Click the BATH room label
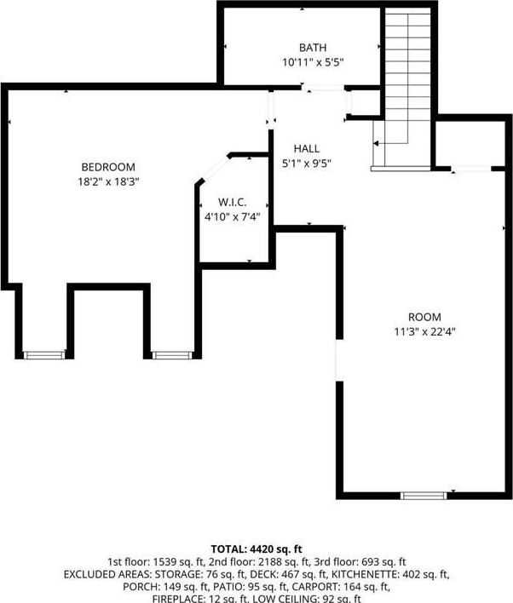313,48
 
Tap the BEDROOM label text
108,167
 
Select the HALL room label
306,149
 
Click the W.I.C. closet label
232,203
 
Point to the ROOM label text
424,318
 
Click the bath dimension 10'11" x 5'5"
313,62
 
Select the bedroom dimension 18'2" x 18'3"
108,181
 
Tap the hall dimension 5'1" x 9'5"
306,164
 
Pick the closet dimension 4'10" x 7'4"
232,217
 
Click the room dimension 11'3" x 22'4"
424,331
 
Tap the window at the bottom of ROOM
424,496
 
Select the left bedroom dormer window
44,355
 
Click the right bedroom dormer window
172,355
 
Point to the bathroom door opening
323,88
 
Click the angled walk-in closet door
216,169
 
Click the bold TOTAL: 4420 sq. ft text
256,548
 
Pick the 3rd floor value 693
370,562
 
